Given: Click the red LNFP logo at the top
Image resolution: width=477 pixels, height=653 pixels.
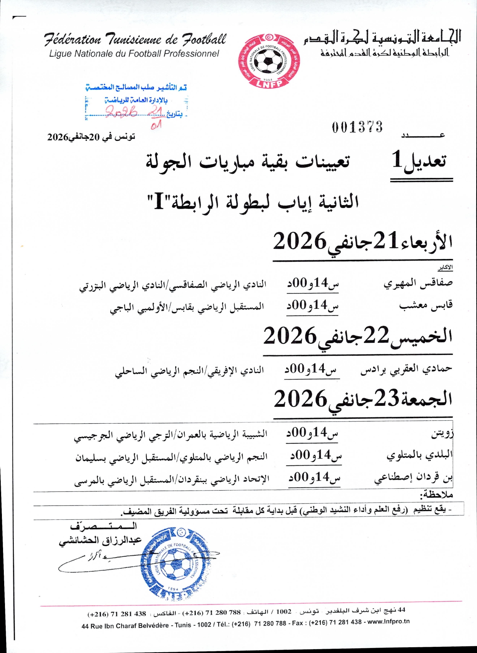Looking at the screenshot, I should tap(269, 61).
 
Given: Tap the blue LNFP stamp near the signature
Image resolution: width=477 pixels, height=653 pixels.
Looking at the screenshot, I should tap(174, 562).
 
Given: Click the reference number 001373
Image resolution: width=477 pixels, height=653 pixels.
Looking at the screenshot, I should tap(357, 127).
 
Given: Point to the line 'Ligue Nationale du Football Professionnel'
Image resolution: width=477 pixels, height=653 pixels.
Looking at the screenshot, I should tap(134, 54).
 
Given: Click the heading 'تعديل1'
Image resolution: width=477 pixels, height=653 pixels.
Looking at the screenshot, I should tap(419, 160).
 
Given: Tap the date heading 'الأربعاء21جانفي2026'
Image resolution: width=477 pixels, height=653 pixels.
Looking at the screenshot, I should tap(363, 241).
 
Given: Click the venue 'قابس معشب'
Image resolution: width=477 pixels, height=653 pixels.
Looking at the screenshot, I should tap(426, 305).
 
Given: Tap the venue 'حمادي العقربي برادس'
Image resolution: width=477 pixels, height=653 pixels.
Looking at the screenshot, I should tap(406, 369).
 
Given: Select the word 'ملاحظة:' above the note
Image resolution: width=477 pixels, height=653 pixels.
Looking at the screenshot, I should tap(437, 495).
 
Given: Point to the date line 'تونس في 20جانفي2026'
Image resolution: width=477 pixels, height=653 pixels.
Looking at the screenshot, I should tap(91, 137).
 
